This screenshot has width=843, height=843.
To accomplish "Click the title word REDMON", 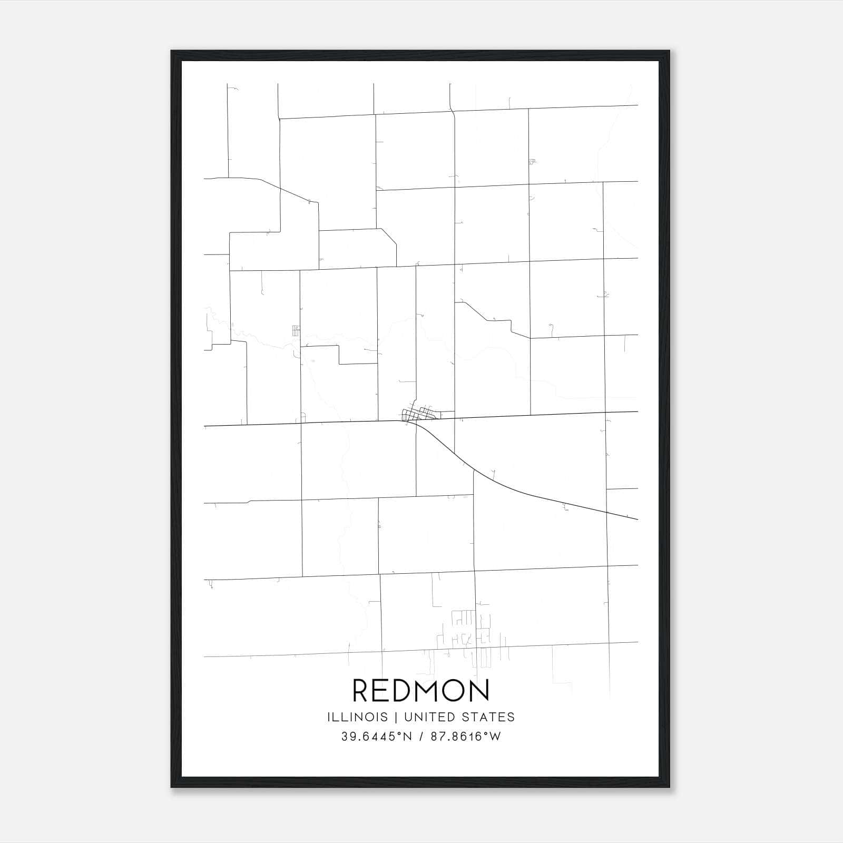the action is point(421,691).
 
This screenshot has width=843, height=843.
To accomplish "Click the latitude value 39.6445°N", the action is point(376,737).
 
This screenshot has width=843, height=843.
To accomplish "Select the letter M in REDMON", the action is point(424,691).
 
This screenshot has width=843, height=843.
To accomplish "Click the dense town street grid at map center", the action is point(419,414).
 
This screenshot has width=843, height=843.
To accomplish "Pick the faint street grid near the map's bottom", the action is point(472,635).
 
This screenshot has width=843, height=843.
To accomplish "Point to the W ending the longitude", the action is point(496,737).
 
